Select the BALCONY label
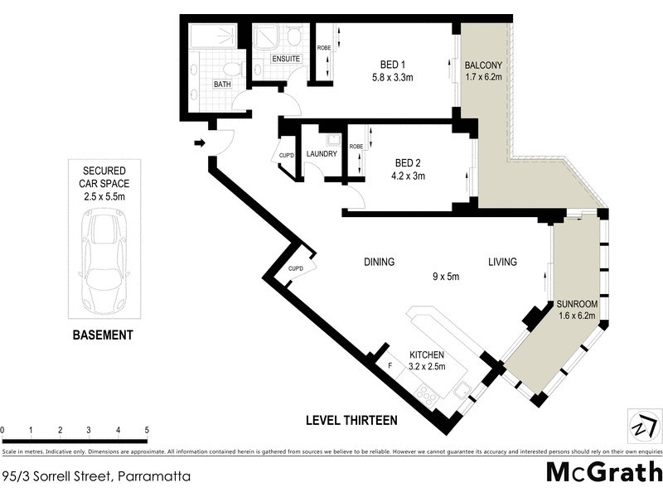483,65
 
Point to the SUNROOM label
578,304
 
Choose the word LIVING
502,262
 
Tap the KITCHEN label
427,355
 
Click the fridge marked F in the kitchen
390,365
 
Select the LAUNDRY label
321,154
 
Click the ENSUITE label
287,59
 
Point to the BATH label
222,84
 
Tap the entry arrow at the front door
200,143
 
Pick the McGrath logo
604,473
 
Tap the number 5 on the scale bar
147,431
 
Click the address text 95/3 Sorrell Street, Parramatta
97,476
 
